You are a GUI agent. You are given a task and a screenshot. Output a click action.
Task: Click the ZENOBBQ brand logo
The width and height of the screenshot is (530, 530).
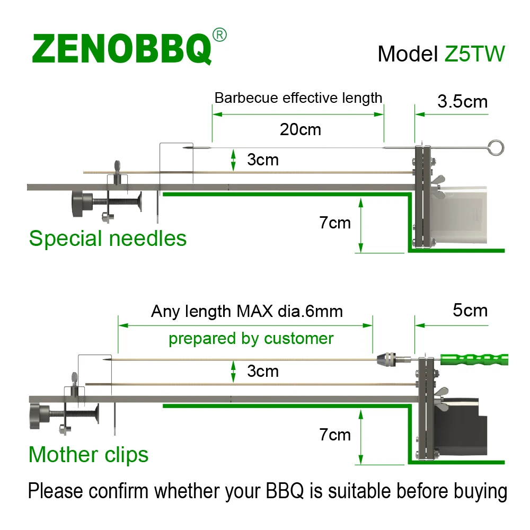pos(122,49)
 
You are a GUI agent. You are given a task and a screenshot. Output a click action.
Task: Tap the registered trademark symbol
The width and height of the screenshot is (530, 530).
pos(219,36)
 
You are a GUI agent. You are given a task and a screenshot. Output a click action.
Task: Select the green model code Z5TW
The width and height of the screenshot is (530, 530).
pos(474,54)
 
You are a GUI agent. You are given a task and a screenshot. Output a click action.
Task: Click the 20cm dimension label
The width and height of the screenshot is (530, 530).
pos(301,129)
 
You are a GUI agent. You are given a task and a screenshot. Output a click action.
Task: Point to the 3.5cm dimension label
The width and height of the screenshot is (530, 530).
pos(462,101)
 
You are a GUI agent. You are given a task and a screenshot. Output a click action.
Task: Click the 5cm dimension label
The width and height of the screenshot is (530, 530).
pos(470,310)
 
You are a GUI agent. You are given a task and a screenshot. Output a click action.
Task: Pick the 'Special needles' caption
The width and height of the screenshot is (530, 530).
pos(108,238)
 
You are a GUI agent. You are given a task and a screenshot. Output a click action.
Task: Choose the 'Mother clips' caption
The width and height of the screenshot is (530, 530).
pos(89,455)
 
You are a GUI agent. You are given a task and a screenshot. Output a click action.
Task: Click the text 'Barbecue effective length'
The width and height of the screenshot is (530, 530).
pos(298,98)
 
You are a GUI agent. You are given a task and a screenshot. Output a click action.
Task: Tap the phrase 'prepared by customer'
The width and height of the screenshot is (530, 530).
pos(251,338)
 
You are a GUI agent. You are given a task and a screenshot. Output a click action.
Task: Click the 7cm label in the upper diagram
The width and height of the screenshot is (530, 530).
pos(334,223)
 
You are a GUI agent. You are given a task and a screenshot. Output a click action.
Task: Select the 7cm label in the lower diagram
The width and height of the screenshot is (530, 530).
pos(334,435)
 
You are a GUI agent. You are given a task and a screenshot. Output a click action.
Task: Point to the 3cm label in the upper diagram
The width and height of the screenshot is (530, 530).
pos(262,160)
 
